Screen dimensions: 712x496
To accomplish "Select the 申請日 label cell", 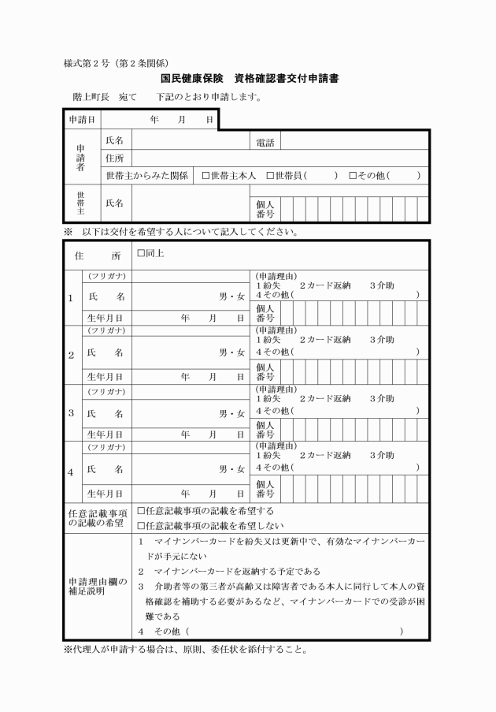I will [82, 119].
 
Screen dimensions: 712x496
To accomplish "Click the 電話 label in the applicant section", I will [264, 141].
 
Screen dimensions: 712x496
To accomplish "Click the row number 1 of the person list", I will [71, 299].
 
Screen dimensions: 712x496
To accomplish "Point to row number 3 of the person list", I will [71, 412].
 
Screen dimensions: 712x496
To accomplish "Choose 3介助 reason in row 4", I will [382, 456].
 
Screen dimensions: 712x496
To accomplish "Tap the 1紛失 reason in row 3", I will [268, 398].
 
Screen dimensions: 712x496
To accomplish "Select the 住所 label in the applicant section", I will [116, 158].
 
